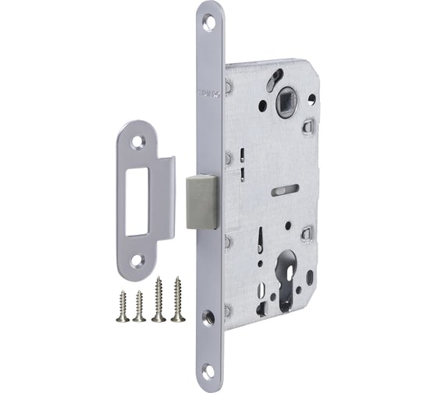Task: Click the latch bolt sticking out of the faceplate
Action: coord(201,201)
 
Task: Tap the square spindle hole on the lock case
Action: coord(284,101)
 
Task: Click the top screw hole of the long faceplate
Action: coord(209,24)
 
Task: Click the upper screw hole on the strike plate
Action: coord(140,142)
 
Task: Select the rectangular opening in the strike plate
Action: coord(140,200)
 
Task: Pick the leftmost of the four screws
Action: coord(123,306)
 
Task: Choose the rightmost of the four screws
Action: coord(179,298)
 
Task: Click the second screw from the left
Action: coord(140,306)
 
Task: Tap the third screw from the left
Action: coord(159,299)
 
